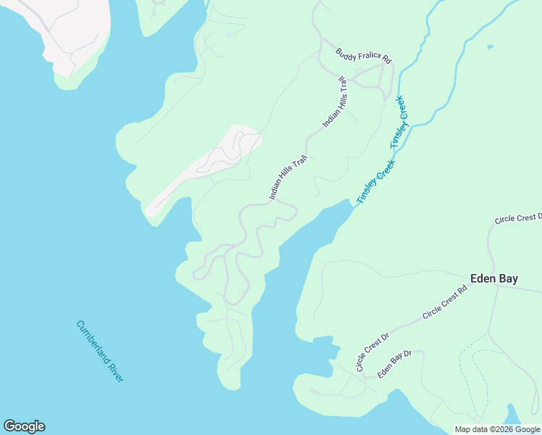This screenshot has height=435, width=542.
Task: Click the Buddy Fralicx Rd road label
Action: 364,57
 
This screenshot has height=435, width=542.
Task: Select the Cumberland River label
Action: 100,351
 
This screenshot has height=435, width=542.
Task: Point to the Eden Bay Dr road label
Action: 394,363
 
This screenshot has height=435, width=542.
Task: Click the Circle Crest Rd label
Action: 445,301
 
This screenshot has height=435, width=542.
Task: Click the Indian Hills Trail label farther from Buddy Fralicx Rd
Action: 288,177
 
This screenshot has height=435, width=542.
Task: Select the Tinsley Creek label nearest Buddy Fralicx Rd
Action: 400,123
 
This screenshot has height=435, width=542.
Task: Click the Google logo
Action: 24,426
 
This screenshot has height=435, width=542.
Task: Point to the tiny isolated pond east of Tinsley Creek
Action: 491,47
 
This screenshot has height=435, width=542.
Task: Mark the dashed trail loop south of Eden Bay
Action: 475,377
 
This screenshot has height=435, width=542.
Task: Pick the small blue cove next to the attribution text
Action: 512,414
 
